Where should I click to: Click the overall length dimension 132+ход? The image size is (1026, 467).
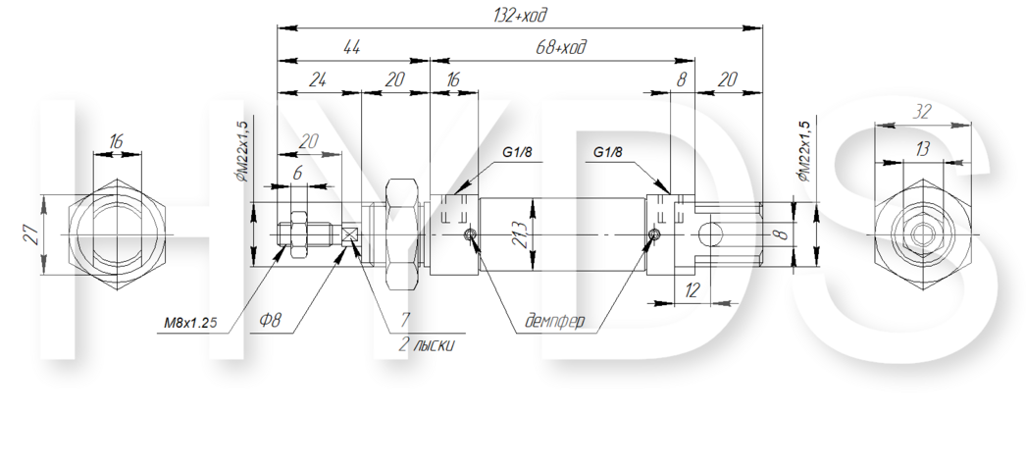coord(519,15)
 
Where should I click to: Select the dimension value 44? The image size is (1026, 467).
coord(351,47)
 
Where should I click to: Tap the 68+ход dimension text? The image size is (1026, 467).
coord(561,47)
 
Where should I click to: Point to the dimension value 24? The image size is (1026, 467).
coord(318,79)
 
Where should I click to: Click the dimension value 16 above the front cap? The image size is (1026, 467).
coord(452,79)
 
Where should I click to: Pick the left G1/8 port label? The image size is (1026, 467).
coord(517,152)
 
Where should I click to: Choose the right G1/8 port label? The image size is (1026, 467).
coord(608,152)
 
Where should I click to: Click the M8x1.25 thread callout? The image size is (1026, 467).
coord(190,322)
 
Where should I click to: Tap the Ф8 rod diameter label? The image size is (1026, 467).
coord(271,320)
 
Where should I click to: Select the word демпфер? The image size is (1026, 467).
coord(555,321)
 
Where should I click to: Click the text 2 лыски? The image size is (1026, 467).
coord(427,344)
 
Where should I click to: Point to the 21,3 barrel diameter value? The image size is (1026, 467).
coord(520,234)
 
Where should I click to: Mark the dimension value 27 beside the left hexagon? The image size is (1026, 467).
coord(30,234)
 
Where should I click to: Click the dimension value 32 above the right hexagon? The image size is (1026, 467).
coord(921,112)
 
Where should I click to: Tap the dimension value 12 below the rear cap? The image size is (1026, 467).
coord(692,289)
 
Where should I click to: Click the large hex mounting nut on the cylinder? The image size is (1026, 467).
coord(402,234)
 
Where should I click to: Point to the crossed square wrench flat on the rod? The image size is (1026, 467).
coord(351,234)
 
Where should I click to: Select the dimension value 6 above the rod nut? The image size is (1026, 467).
coord(298,174)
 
